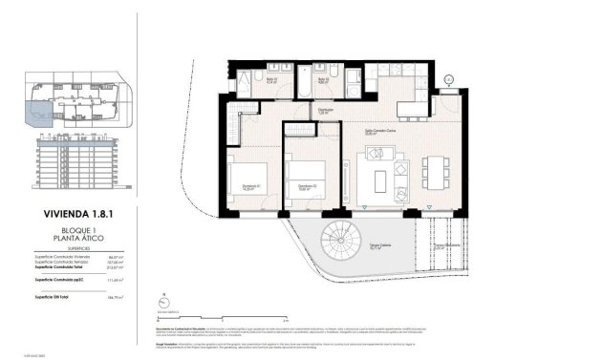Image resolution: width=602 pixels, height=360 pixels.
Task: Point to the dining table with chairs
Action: tap(439, 174)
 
